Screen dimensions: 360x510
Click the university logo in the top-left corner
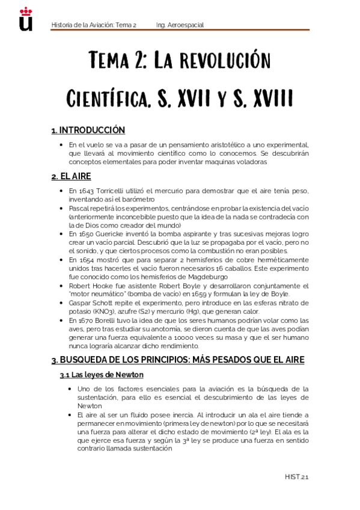coord(26,19)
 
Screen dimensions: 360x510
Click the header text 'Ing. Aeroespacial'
coord(180,25)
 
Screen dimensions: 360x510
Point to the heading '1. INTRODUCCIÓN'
coord(88,130)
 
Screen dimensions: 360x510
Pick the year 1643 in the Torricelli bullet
coord(86,191)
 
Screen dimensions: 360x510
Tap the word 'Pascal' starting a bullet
coord(79,207)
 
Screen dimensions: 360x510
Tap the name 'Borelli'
coord(115,321)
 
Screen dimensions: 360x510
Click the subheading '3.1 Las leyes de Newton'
coord(101,375)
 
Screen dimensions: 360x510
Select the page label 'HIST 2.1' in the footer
coord(296,477)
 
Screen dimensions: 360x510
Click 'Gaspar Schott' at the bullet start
coord(94,305)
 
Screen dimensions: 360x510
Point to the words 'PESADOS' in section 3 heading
coord(218,360)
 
